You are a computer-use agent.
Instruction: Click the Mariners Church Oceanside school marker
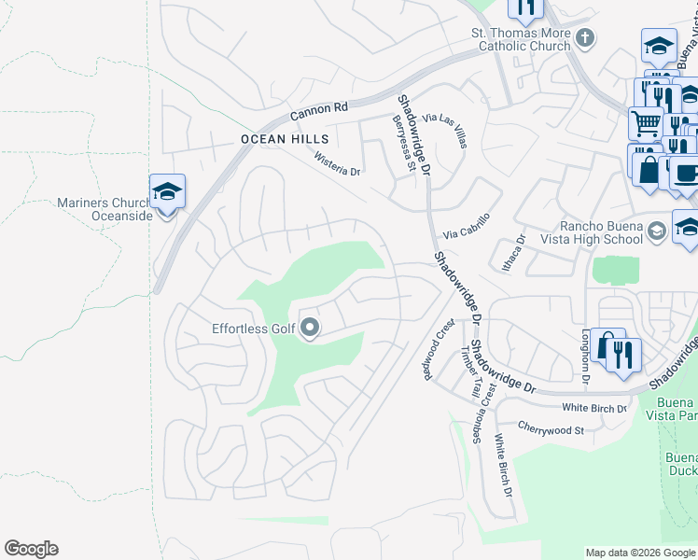pyautogui.click(x=167, y=192)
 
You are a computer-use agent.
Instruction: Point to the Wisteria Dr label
pyautogui.click(x=337, y=164)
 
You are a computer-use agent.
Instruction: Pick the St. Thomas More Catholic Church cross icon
pyautogui.click(x=585, y=38)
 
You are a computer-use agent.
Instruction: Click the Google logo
pyautogui.click(x=31, y=549)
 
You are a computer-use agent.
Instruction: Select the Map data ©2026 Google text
pyautogui.click(x=640, y=553)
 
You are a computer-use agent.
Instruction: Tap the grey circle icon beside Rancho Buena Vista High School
pyautogui.click(x=657, y=231)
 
